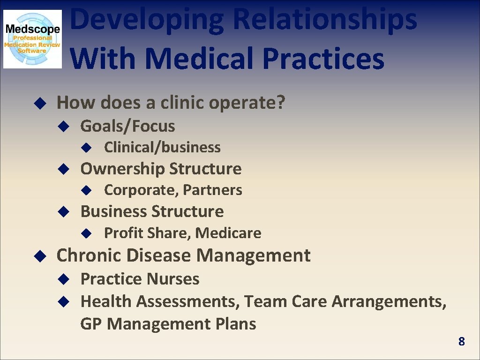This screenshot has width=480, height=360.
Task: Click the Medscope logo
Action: [x=32, y=39]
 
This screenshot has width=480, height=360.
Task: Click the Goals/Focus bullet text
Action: [x=127, y=126]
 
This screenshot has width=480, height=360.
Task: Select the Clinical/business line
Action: [x=162, y=147]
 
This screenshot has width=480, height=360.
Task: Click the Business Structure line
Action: [x=152, y=211]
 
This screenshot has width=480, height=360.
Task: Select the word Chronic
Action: [x=89, y=255]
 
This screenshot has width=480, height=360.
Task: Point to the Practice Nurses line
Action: [x=140, y=279]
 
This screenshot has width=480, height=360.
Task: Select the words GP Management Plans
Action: [x=168, y=324]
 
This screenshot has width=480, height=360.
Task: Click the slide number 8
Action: [x=461, y=342]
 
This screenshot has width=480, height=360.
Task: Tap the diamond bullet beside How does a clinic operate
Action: [x=39, y=103]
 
